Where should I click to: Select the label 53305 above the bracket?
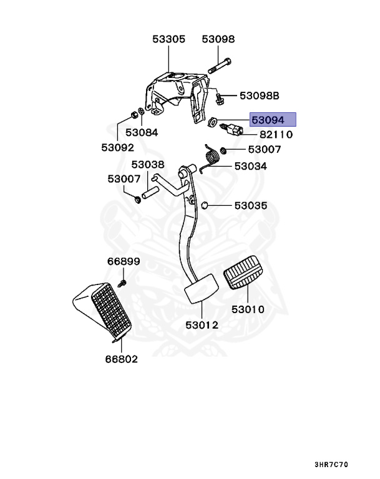[x=168, y=39]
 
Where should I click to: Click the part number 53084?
[x=142, y=132]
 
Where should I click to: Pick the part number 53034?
[x=250, y=167]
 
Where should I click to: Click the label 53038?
[x=147, y=165]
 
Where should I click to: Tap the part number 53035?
[x=250, y=205]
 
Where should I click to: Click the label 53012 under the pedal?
[x=202, y=325]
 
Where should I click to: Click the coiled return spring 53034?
[x=212, y=155]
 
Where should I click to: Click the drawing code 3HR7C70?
[x=331, y=465]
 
